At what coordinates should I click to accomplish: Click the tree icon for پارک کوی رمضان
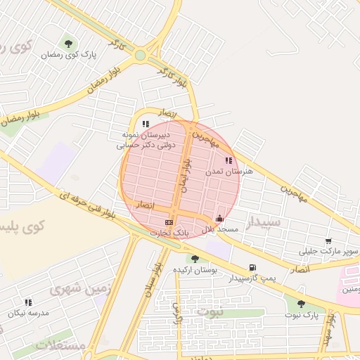point(68,44)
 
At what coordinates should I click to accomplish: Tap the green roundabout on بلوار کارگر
point(140,55)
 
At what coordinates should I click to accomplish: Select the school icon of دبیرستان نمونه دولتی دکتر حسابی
point(146,124)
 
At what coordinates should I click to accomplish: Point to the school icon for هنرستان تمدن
point(229,161)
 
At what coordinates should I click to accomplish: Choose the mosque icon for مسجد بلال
point(220,219)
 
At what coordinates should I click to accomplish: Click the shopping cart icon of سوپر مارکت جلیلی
point(328,241)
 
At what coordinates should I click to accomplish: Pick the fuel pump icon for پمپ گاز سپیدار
point(252,267)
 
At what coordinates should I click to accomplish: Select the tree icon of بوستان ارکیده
point(195,259)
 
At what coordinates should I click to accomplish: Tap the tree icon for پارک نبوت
point(301,304)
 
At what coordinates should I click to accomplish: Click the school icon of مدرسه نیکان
point(28,302)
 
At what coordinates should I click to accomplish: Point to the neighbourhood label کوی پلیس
point(22,227)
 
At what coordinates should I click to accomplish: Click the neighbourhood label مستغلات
point(59,345)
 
